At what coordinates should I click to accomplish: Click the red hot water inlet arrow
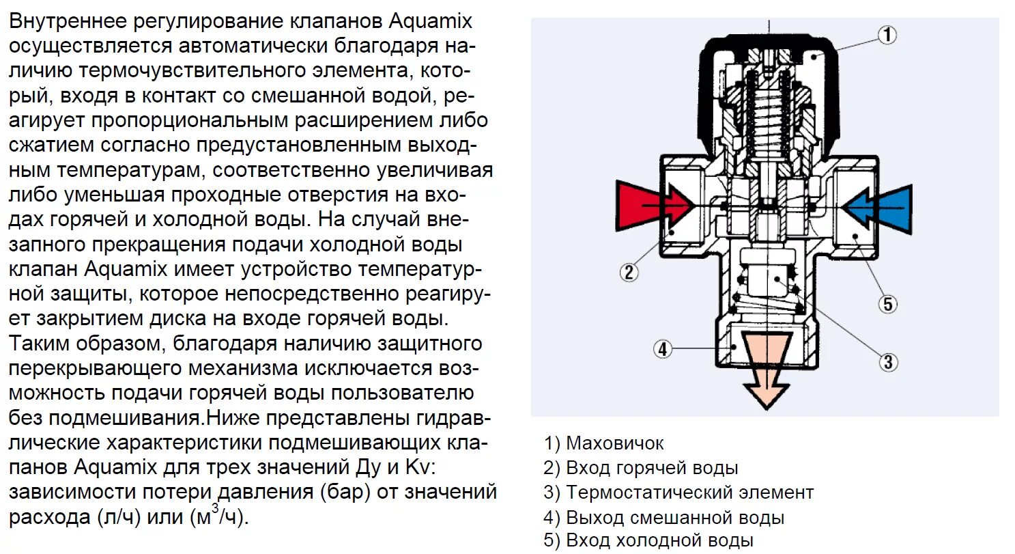(648, 206)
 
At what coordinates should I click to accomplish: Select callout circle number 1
(886, 35)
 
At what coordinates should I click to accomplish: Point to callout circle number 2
(629, 272)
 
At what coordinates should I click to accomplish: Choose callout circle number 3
(887, 361)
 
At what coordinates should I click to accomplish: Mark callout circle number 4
(662, 350)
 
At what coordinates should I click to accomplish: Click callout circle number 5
(887, 303)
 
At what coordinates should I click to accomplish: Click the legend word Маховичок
(614, 443)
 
